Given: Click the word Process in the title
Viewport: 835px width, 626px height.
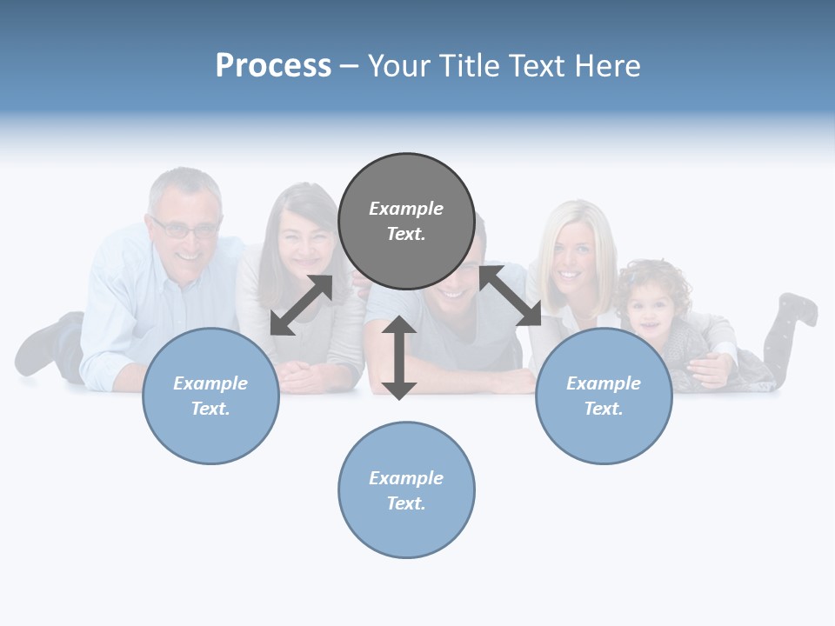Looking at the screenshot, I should pyautogui.click(x=273, y=66).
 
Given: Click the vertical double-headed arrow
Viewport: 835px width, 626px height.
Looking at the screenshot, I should pyautogui.click(x=398, y=357).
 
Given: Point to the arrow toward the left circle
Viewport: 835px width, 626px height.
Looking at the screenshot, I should pyautogui.click(x=301, y=305).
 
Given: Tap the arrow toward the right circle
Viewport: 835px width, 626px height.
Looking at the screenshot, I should pyautogui.click(x=511, y=296).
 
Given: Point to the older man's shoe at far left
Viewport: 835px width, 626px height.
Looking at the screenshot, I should pyautogui.click(x=39, y=348).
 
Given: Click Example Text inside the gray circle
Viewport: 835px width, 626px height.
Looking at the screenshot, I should pyautogui.click(x=406, y=221).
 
